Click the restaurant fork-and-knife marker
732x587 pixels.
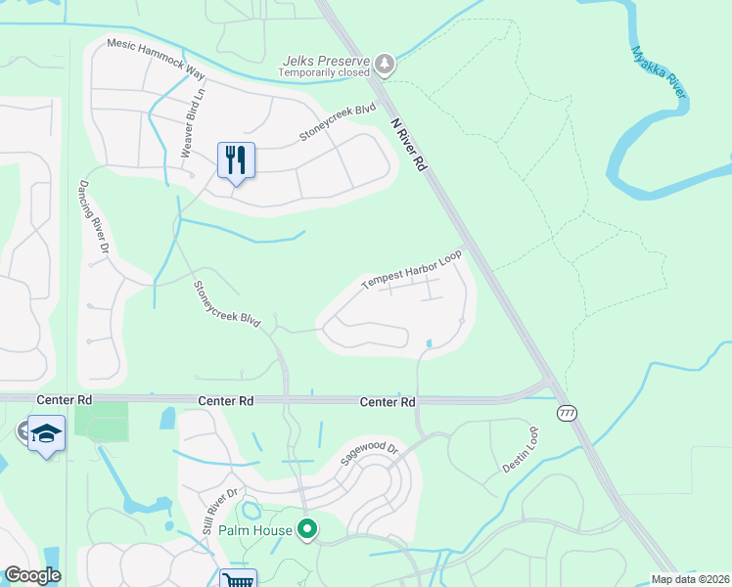pos(236,160)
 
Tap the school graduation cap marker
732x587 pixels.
pos(46,432)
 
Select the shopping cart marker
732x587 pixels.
pos(238,580)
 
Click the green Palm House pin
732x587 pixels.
pos(307,530)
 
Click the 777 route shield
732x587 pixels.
pos(567,413)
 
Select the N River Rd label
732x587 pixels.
pos(409,146)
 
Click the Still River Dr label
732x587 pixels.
pos(220,511)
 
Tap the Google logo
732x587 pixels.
pos(32,574)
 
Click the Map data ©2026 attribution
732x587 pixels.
pos(691,579)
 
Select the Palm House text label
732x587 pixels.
pos(255,531)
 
